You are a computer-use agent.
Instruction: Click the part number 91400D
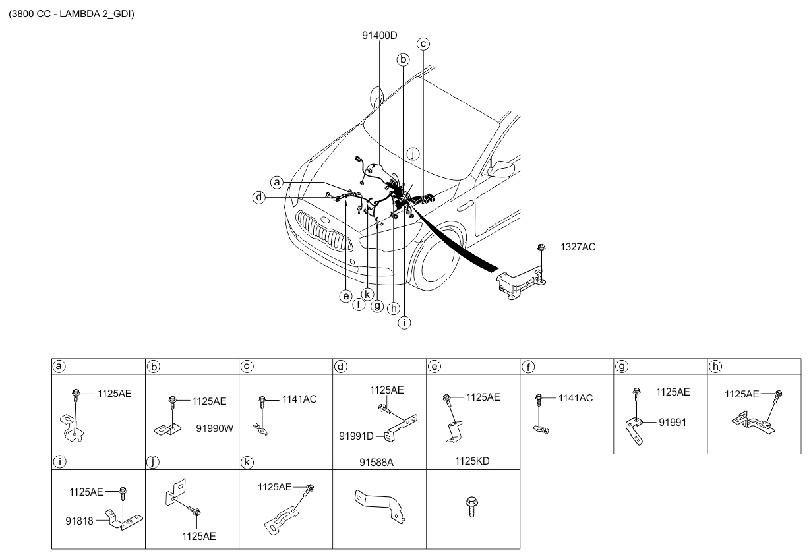379,36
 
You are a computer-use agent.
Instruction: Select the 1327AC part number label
578,247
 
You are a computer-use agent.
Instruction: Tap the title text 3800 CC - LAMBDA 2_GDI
71,14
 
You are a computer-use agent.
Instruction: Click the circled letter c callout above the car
423,44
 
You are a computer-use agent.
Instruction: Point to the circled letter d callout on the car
259,197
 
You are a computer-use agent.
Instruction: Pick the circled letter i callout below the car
404,322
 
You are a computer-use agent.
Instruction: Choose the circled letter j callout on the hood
413,154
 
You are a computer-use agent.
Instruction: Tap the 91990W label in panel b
215,428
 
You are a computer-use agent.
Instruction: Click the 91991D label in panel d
356,436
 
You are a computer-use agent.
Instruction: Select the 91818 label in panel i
79,521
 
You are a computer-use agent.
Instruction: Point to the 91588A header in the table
376,462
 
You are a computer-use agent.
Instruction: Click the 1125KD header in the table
472,461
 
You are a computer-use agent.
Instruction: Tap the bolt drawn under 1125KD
471,506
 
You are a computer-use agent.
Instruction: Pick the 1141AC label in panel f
576,398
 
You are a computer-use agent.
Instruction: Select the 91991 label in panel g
673,422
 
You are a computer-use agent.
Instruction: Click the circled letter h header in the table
715,367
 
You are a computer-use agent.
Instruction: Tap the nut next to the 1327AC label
541,248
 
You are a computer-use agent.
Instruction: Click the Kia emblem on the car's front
326,220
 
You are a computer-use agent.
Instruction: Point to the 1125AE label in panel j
198,536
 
